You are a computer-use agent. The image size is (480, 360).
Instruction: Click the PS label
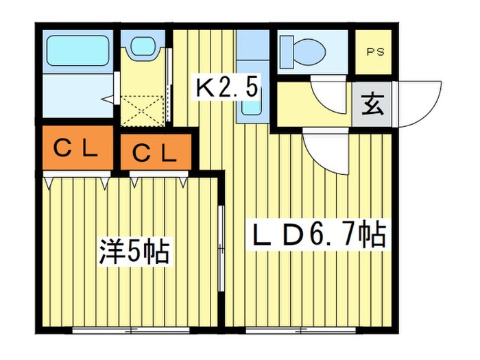(374, 51)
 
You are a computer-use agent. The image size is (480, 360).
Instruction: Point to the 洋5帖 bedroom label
(133, 252)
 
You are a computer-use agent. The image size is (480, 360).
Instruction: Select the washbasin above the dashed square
(143, 47)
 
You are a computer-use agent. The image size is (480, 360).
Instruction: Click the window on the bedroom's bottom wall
(131, 331)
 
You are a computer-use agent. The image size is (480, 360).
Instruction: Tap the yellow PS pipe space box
(374, 52)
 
